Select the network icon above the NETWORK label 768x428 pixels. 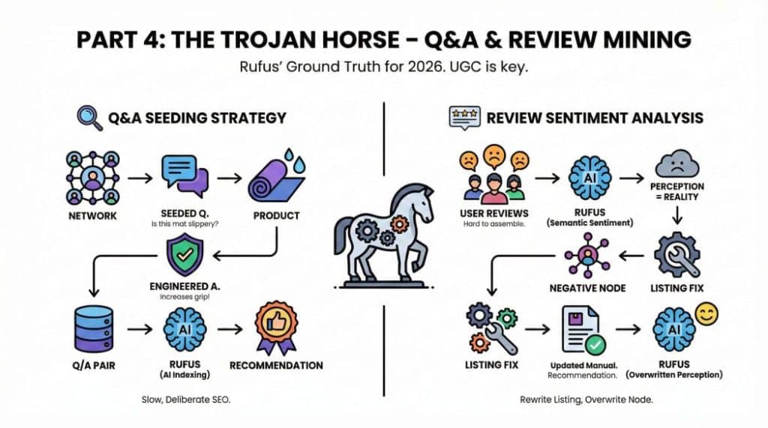tap(92, 178)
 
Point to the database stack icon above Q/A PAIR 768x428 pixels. tap(92, 328)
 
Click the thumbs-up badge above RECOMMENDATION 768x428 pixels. tap(276, 328)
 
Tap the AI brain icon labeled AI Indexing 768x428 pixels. tap(184, 328)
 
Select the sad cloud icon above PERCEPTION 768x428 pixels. tap(676, 163)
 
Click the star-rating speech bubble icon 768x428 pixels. tap(463, 117)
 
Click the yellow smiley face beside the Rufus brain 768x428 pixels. tap(706, 315)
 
